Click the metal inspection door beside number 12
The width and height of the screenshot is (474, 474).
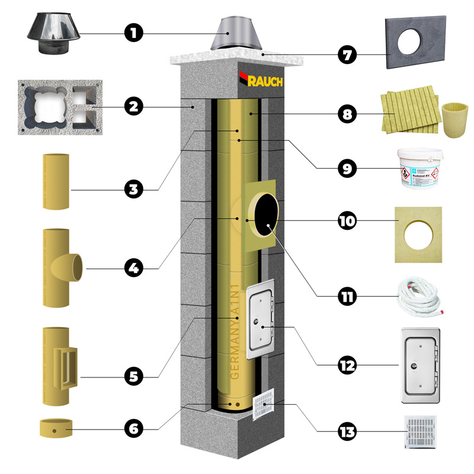click(x=421, y=366)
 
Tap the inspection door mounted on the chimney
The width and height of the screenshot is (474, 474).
click(x=258, y=318)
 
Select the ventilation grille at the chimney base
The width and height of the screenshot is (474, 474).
click(x=265, y=405)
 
